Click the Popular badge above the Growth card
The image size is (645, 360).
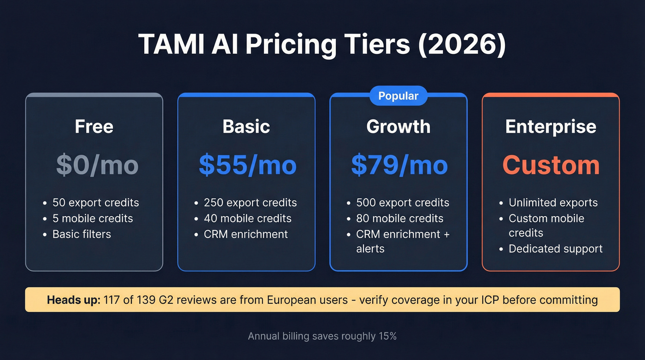tap(398, 96)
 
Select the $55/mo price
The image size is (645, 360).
tap(247, 165)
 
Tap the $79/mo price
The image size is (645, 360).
tap(399, 165)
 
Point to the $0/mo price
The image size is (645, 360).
tap(97, 165)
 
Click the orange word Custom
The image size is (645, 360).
tap(551, 165)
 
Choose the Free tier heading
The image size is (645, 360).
tap(94, 127)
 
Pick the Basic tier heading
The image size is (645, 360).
tap(246, 127)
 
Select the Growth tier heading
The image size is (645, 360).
tap(398, 127)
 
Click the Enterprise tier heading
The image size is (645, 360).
tap(551, 127)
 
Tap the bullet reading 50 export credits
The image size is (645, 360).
tap(95, 203)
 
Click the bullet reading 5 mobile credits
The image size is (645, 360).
tap(93, 218)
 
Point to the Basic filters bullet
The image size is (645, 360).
tap(82, 234)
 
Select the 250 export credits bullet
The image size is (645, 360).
tap(250, 203)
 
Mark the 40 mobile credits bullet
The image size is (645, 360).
tap(247, 218)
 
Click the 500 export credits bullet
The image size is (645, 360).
tap(402, 203)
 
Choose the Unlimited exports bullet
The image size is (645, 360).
tap(553, 203)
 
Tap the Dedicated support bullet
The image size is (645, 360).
tap(556, 249)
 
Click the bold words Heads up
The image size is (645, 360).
tap(73, 300)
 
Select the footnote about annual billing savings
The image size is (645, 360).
tap(322, 336)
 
